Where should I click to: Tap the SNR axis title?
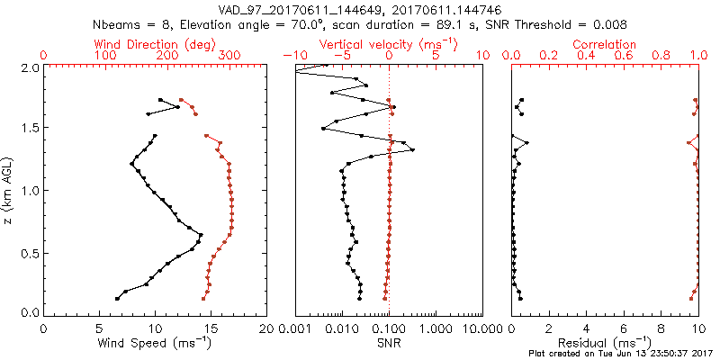389,344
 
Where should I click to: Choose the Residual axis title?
606,344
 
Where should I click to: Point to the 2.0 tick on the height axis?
30,67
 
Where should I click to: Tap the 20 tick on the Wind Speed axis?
266,328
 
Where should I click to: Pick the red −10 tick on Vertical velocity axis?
290,56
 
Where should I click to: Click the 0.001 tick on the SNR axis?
295,328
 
